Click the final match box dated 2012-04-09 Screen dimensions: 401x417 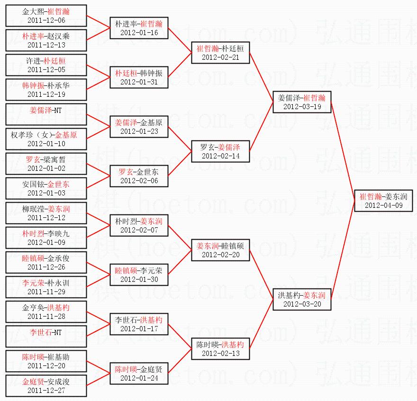pos(383,200)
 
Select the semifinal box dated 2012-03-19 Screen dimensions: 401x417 pos(301,102)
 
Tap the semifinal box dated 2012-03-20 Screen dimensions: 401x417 pos(301,299)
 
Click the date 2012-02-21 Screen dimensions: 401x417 pos(220,57)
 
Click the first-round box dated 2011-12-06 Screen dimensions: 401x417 pos(46,15)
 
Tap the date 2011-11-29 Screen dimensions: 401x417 pos(46,292)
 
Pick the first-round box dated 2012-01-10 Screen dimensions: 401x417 pos(46,139)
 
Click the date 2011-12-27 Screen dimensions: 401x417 pos(46,391)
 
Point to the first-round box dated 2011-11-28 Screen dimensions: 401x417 pos(46,311)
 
